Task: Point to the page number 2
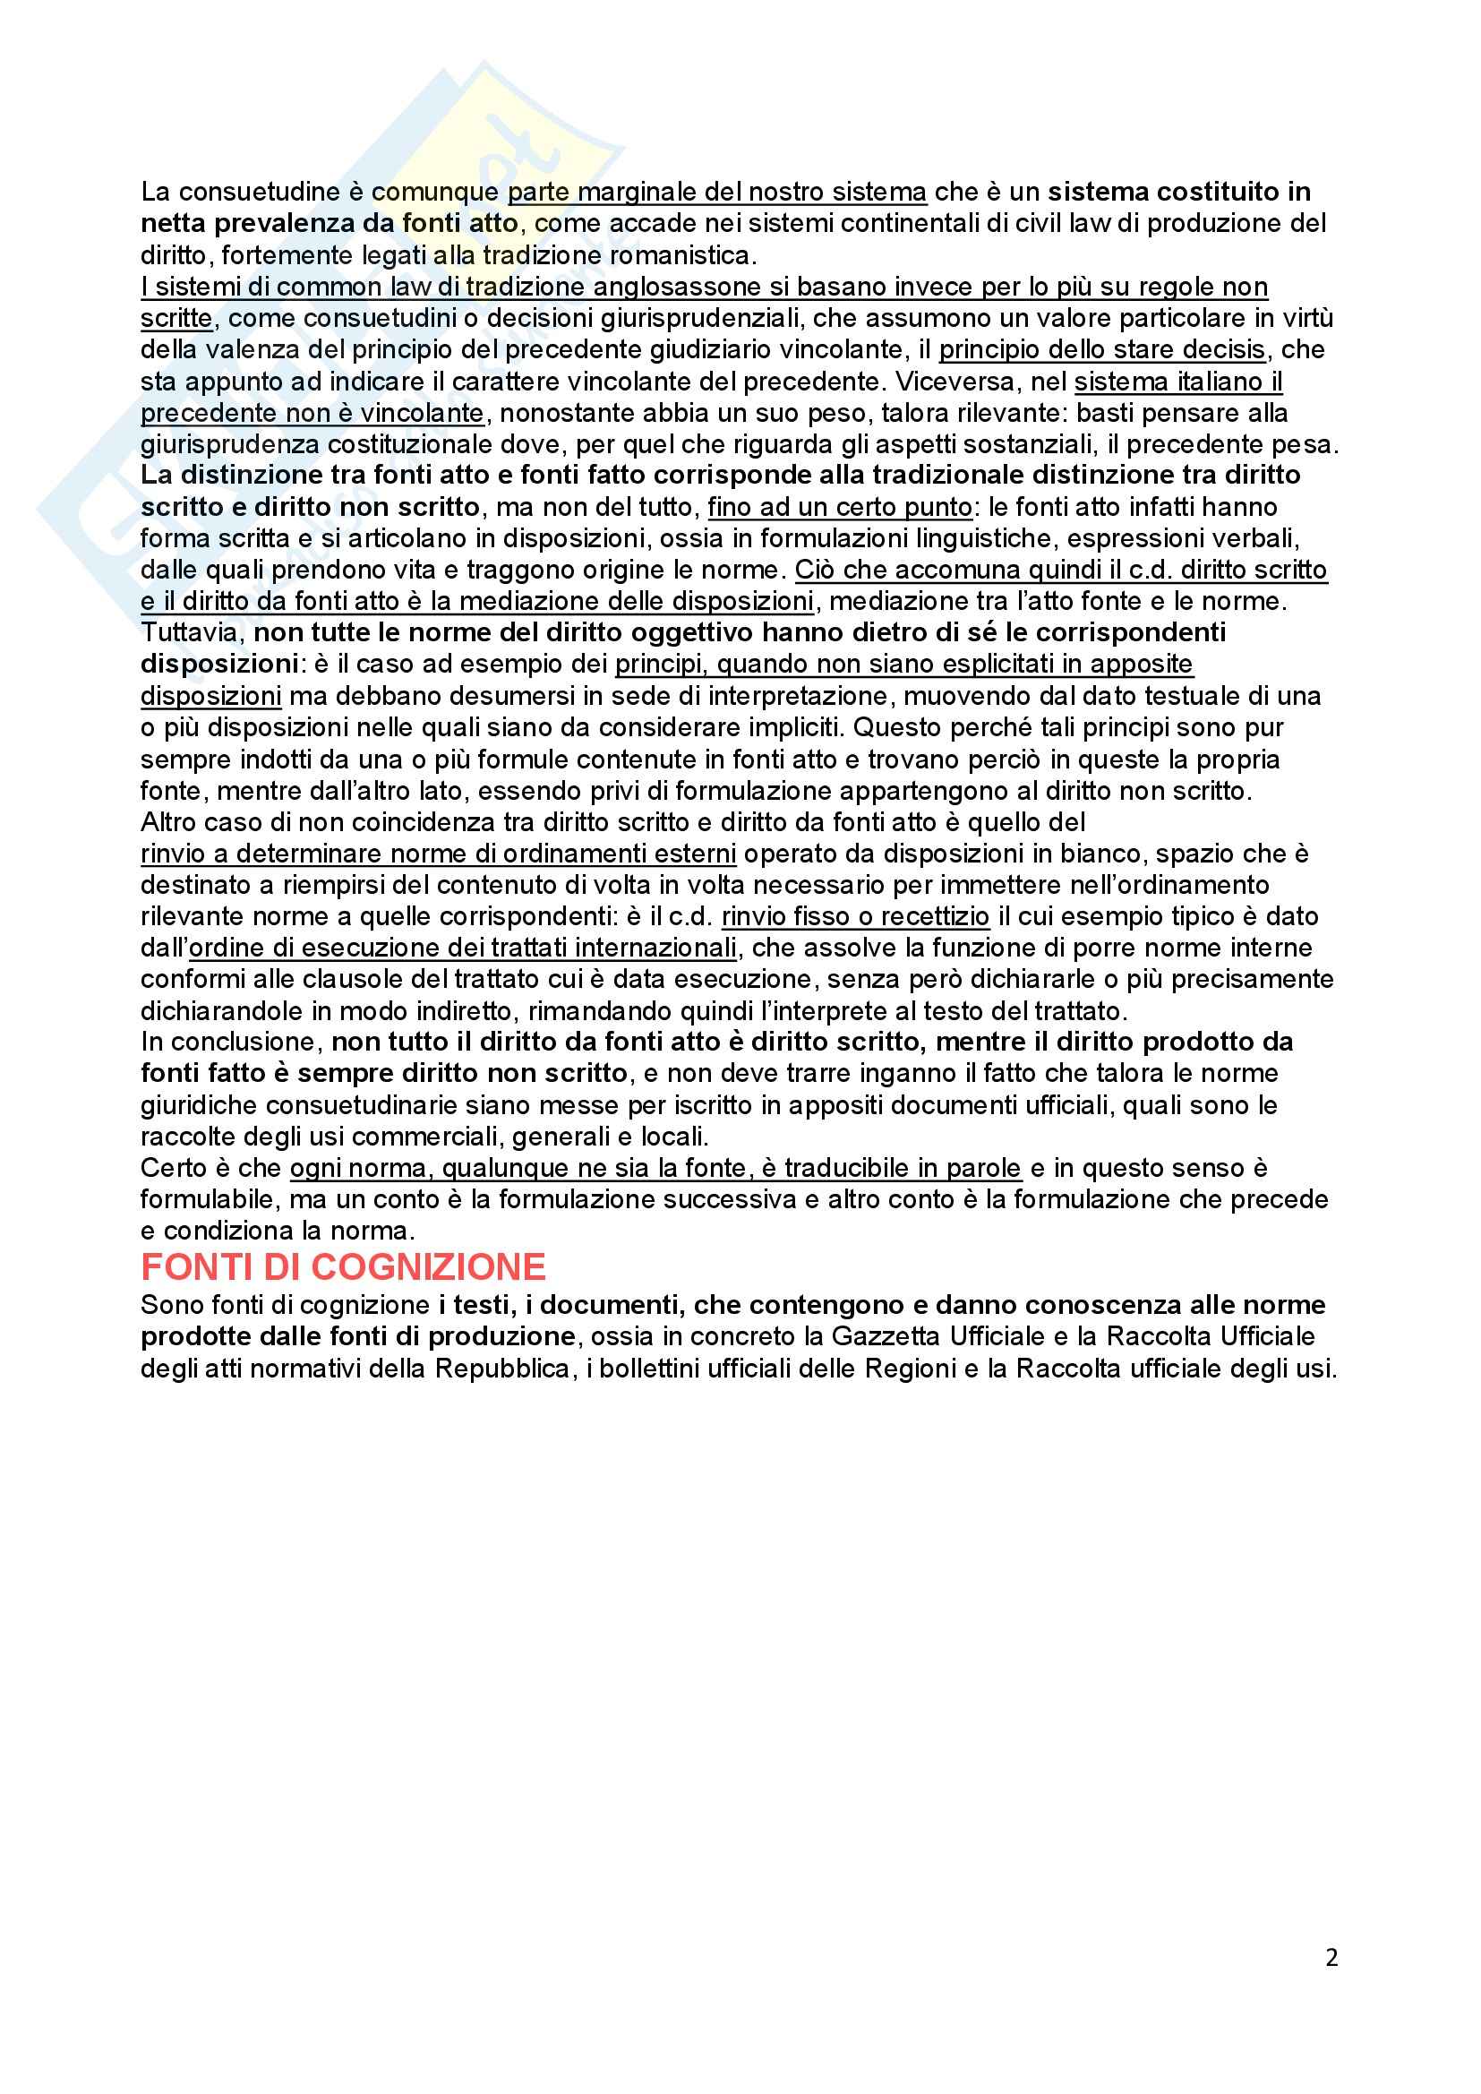pyautogui.click(x=1331, y=1958)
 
